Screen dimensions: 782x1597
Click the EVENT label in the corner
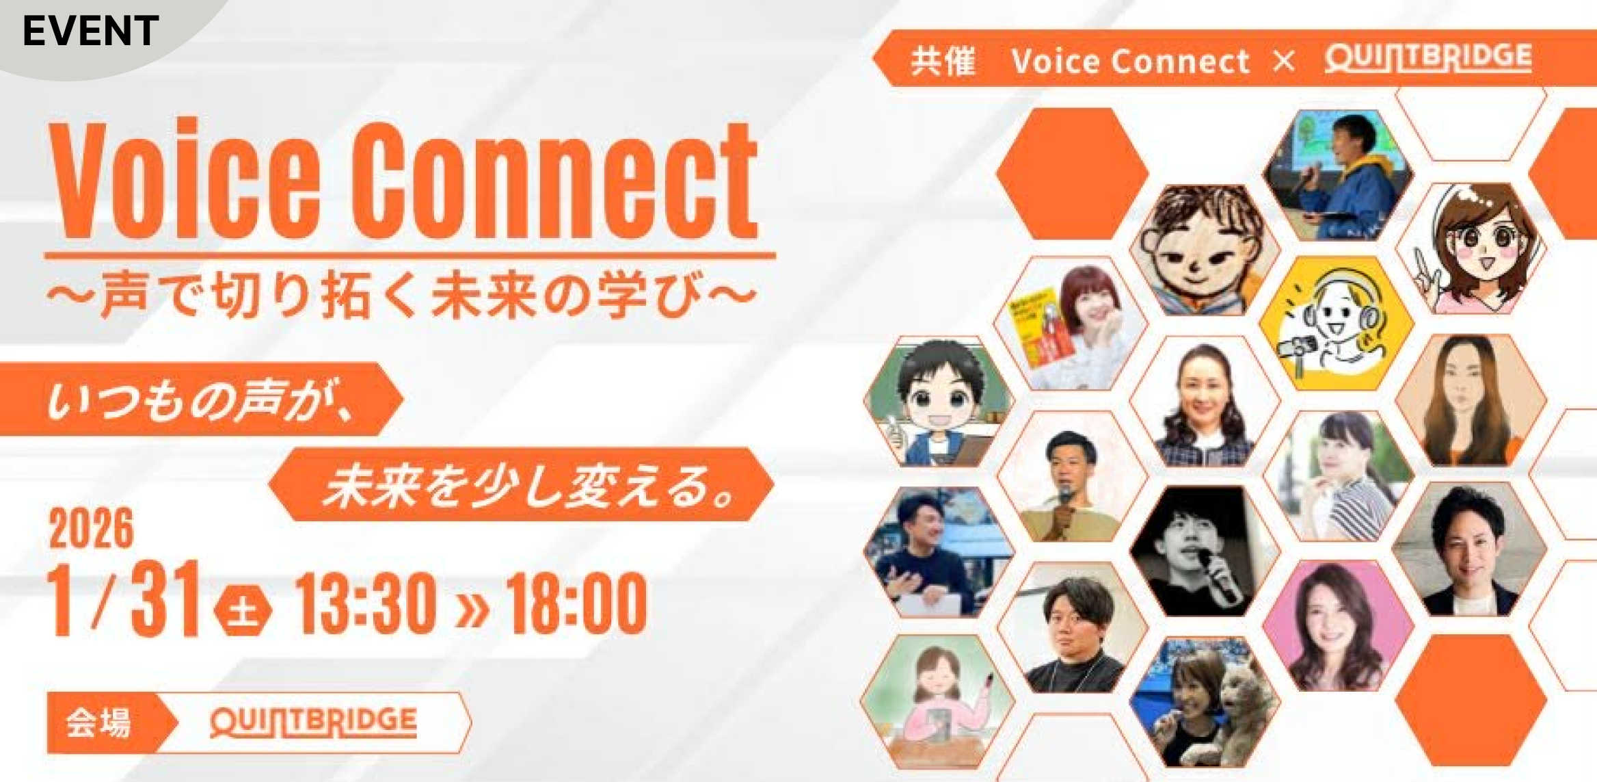(x=90, y=31)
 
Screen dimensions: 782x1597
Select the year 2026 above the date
(x=91, y=528)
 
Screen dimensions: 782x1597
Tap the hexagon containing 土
(x=243, y=608)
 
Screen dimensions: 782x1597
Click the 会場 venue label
(x=98, y=722)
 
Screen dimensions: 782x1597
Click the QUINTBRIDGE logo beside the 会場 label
(x=313, y=722)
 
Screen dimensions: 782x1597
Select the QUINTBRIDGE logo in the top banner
(x=1427, y=58)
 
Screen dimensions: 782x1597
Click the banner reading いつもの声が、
(x=198, y=400)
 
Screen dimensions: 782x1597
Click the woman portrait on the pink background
(x=1337, y=626)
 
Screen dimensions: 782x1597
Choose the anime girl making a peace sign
(x=1470, y=250)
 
